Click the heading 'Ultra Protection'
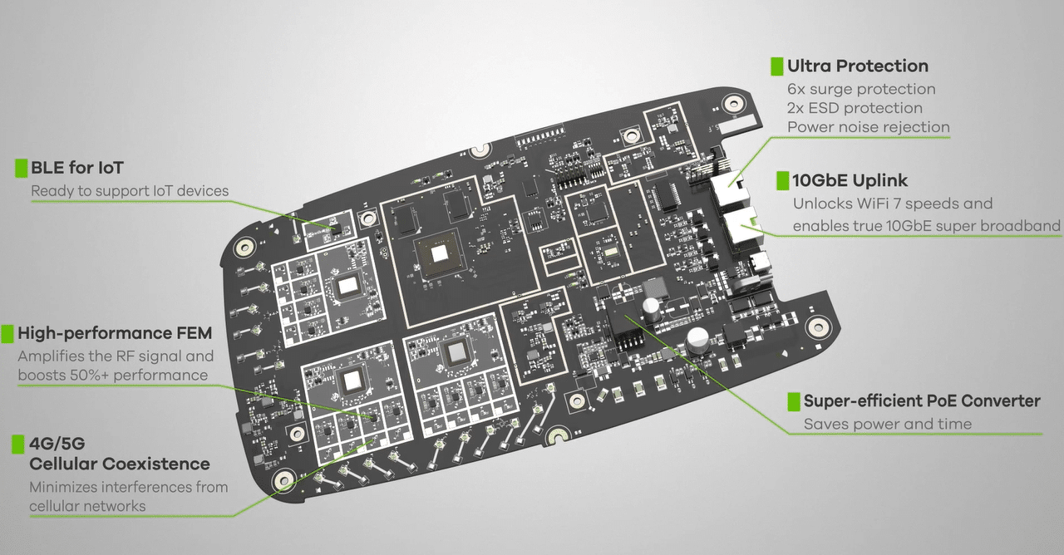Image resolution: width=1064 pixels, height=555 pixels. [857, 66]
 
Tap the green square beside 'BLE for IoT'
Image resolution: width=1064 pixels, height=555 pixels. [22, 168]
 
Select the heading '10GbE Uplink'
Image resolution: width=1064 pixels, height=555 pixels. [850, 180]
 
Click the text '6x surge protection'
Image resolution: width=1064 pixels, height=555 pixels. [861, 89]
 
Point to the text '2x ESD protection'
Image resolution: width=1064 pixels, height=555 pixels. [855, 108]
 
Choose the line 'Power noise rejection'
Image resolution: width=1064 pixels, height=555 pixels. [869, 127]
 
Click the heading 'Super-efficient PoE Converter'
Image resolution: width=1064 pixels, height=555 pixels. [922, 401]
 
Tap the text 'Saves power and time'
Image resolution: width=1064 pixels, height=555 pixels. [888, 424]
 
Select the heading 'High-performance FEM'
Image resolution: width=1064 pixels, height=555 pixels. [115, 333]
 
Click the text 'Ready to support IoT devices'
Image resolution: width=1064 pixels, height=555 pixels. [130, 191]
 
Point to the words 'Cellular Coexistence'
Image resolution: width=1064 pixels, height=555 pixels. [120, 464]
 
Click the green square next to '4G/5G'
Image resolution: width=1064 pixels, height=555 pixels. [18, 444]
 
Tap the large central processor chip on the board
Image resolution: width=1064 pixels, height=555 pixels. [439, 254]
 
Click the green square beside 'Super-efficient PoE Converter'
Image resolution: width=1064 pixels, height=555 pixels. [794, 401]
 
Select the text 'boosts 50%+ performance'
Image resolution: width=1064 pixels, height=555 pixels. [113, 375]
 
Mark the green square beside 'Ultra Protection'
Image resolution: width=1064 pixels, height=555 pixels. [777, 66]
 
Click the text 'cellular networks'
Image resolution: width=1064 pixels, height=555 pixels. [87, 506]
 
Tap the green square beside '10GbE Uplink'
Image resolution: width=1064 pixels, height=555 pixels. [783, 181]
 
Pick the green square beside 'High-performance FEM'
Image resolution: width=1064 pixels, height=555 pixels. [7, 334]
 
